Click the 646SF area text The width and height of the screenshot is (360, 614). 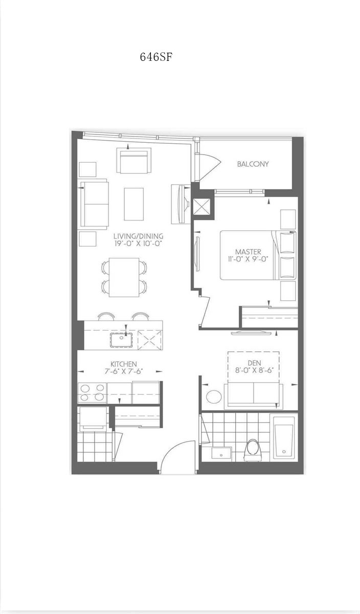click(x=156, y=57)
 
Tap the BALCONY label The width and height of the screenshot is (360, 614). click(x=253, y=164)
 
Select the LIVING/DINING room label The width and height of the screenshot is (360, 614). click(x=139, y=236)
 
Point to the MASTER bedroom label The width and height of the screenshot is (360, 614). click(x=248, y=252)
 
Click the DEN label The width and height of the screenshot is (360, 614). click(x=254, y=363)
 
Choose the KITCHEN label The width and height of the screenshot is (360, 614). click(x=124, y=364)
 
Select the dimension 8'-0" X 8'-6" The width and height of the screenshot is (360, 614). click(x=255, y=370)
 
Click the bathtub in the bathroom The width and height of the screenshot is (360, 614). click(x=284, y=439)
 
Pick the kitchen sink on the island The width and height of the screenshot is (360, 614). click(x=121, y=340)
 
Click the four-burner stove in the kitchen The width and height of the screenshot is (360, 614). click(x=93, y=393)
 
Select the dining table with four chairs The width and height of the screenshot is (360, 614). click(x=124, y=277)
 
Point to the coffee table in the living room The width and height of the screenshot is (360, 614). click(x=133, y=204)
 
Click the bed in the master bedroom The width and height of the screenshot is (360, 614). click(x=258, y=255)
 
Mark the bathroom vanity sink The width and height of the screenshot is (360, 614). click(x=221, y=453)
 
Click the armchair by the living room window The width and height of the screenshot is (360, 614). click(x=134, y=161)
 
